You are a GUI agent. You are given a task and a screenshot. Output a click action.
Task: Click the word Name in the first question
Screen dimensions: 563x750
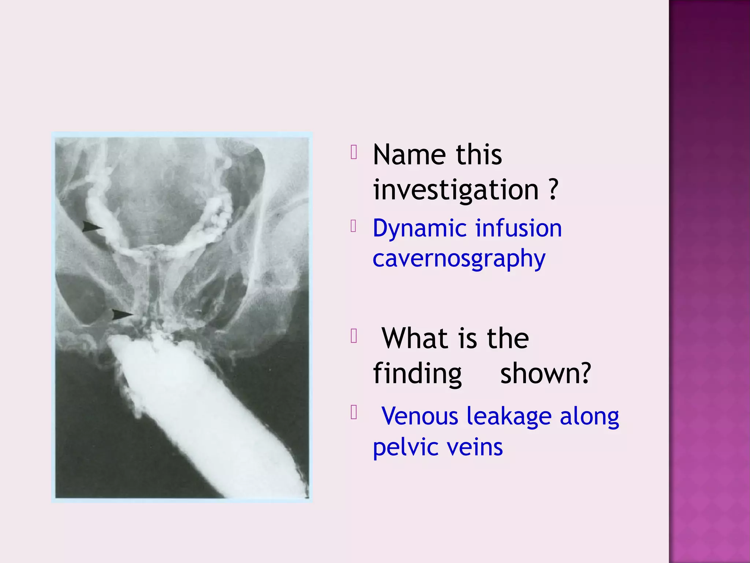(x=410, y=155)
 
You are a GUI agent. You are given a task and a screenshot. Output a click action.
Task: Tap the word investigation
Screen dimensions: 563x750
(x=456, y=190)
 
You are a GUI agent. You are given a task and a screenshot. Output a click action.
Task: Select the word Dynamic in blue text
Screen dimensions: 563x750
(x=419, y=228)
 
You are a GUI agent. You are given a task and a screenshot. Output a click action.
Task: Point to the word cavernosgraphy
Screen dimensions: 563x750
(x=459, y=259)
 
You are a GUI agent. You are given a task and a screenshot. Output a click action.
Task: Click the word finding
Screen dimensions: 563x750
(x=417, y=374)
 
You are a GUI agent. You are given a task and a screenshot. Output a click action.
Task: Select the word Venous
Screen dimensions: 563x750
(x=420, y=416)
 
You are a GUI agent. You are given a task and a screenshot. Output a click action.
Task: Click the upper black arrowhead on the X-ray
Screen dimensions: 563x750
(x=92, y=227)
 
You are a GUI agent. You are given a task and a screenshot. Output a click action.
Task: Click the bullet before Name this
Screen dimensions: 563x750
(x=353, y=152)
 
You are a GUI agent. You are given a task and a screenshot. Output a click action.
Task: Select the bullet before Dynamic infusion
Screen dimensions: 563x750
(x=353, y=226)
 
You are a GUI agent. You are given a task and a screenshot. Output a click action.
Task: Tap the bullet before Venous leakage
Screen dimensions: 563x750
(x=353, y=412)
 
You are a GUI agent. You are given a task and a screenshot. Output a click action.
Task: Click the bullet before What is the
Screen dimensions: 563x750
(x=353, y=336)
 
